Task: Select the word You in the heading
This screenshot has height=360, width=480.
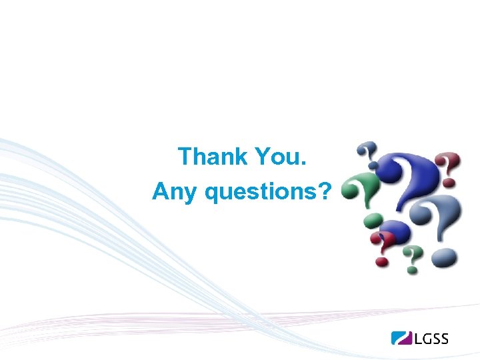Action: point(274,157)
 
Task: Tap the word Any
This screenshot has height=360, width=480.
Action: point(175,192)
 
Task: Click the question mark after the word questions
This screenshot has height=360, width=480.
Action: point(325,191)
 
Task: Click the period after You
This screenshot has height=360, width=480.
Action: point(303,164)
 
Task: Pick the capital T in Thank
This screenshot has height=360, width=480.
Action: point(186,157)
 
